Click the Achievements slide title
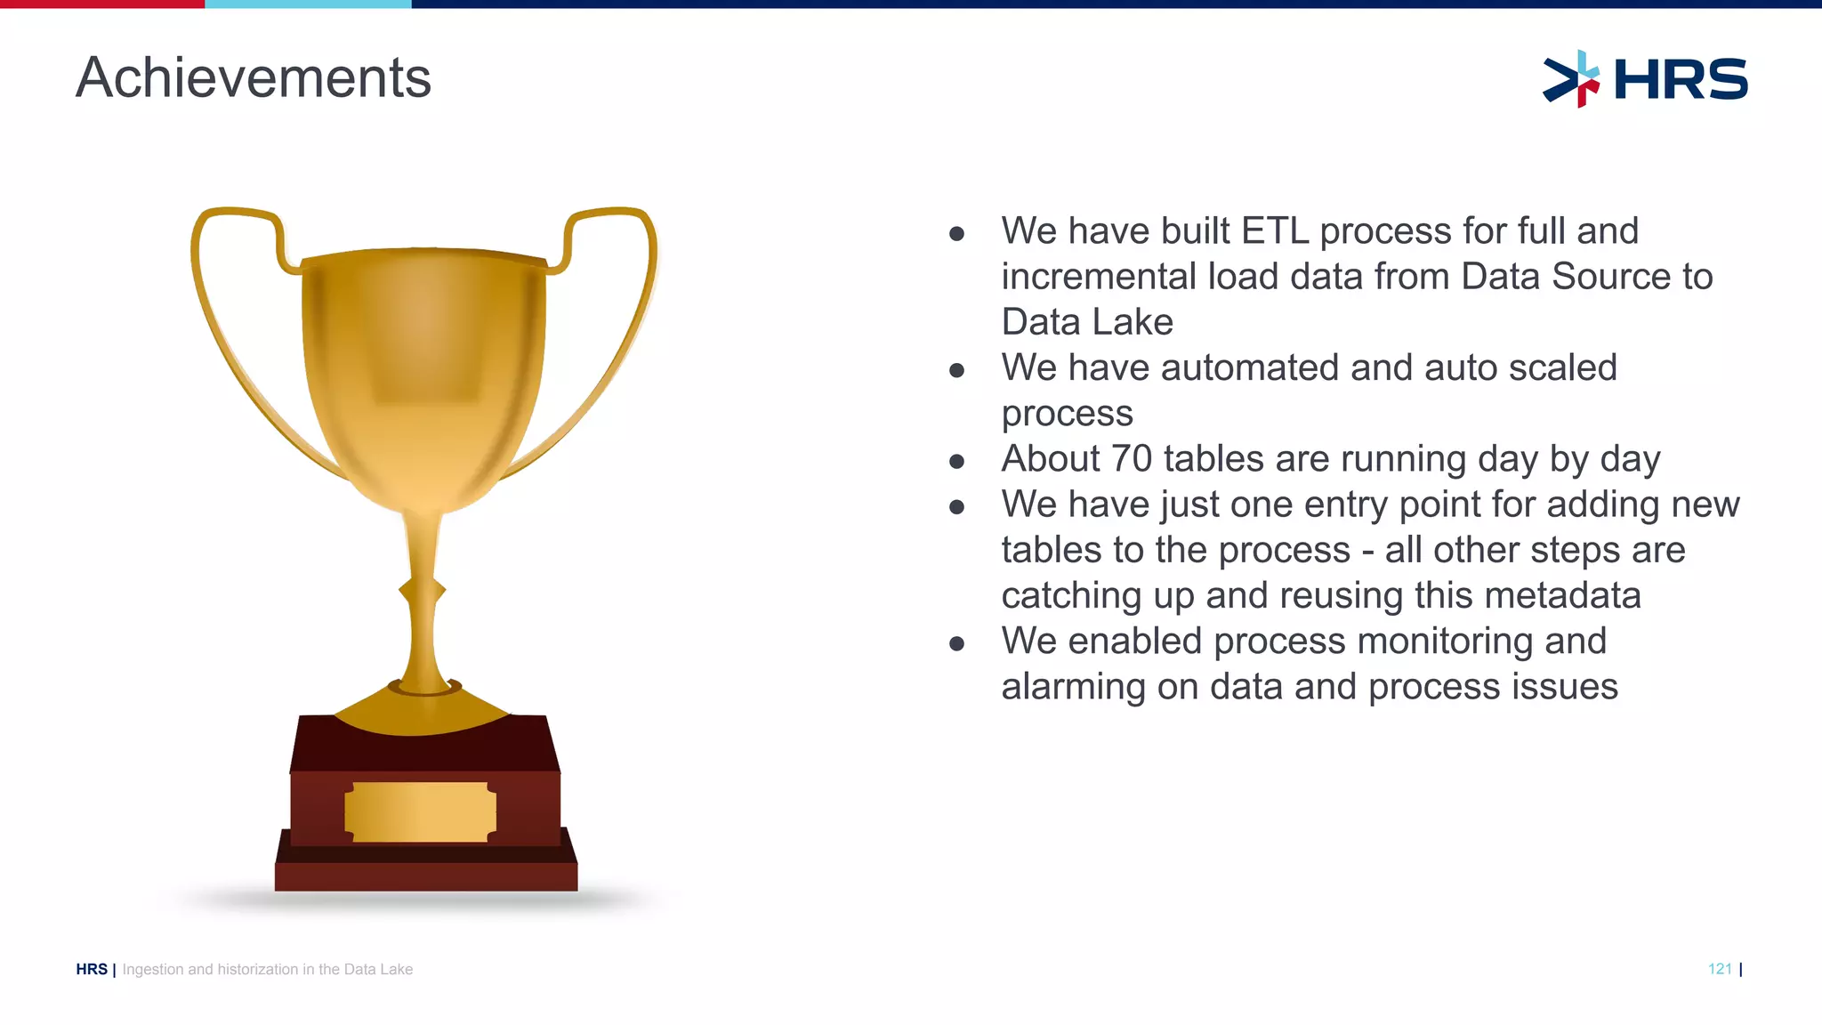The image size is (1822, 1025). click(254, 78)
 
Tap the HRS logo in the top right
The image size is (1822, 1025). click(1645, 79)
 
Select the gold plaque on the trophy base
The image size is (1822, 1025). click(420, 811)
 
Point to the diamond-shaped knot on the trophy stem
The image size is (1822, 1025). click(422, 590)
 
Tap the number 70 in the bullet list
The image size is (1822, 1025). click(1132, 459)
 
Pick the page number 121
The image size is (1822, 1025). click(1720, 969)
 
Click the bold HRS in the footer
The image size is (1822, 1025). click(92, 969)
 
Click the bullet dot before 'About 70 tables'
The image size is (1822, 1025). click(957, 461)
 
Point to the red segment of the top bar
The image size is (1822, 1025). click(102, 4)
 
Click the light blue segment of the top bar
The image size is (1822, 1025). click(308, 4)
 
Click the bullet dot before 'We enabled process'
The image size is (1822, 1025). click(957, 643)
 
